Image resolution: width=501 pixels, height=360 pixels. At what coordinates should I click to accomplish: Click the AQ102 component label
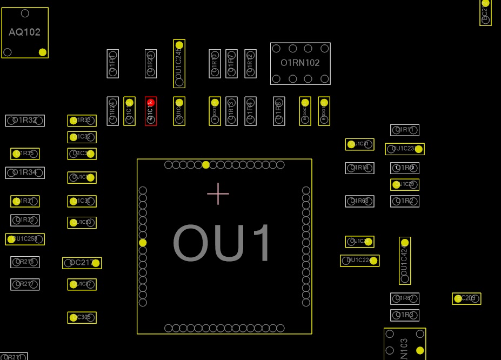[x=25, y=32]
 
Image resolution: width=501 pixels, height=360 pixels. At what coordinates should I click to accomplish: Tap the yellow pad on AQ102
[x=43, y=52]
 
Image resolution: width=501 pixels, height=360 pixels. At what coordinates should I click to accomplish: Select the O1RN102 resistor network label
[x=300, y=63]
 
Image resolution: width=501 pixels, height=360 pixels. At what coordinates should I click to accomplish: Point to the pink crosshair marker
[x=218, y=194]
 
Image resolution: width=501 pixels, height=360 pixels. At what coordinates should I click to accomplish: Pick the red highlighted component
[x=151, y=111]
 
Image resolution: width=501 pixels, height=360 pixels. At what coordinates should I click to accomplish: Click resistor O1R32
[x=25, y=121]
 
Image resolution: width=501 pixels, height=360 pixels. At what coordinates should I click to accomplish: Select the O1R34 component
[x=25, y=173]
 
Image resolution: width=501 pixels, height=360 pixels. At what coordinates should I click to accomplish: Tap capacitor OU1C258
[x=25, y=239]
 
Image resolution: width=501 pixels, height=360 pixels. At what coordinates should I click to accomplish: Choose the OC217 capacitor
[x=82, y=263]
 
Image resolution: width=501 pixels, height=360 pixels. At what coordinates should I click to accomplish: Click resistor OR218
[x=25, y=262]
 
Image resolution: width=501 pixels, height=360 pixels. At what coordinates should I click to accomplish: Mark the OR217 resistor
[x=25, y=284]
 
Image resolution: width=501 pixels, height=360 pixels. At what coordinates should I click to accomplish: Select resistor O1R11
[x=405, y=130]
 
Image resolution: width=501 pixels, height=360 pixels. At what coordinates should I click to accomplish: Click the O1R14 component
[x=359, y=168]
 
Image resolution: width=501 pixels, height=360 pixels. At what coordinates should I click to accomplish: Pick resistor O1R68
[x=359, y=202]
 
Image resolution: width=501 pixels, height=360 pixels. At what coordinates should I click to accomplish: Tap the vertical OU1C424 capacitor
[x=405, y=261]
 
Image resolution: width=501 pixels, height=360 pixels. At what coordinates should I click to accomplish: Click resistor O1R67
[x=405, y=299]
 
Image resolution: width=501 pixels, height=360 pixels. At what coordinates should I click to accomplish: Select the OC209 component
[x=466, y=299]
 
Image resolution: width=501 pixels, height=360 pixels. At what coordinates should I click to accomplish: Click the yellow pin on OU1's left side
[x=143, y=243]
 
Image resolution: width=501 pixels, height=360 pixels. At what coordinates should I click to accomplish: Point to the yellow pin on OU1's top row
[x=206, y=165]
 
